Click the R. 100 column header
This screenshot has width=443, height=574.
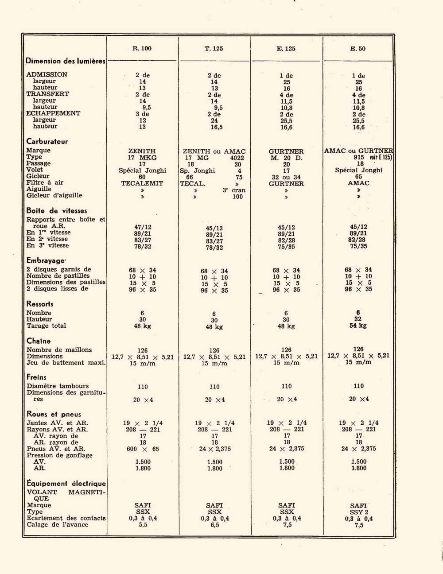pos(142,48)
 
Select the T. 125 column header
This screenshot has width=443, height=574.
pos(214,48)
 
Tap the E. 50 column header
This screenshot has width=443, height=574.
pos(358,48)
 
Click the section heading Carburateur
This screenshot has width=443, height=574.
pos(47,142)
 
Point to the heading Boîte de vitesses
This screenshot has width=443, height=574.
pos(56,211)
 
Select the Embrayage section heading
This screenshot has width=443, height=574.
pos(46,261)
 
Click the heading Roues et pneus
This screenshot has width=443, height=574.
pos(54,415)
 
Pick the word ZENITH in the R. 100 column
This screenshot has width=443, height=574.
pos(142,151)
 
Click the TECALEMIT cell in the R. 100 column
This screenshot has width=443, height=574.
pos(142,183)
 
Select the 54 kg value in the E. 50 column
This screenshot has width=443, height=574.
pos(358,326)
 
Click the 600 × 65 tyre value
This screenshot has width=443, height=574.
pos(143,449)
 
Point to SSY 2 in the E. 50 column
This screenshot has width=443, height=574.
pos(358,512)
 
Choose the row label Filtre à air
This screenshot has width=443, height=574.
pos(45,182)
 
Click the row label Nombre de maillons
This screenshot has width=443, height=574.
pos(59,350)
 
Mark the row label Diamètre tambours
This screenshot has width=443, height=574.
pos(58,386)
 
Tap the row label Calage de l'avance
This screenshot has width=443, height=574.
pos(57,525)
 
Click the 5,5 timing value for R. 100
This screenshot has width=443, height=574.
pos(143,525)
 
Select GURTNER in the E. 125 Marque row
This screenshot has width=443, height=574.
pos(286,151)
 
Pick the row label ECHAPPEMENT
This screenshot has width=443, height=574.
pos(53,113)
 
